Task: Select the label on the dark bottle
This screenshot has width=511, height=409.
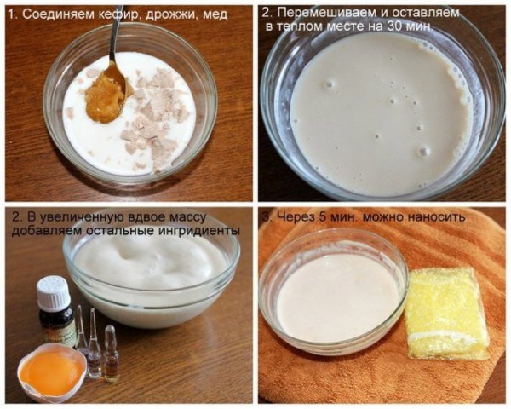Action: pyautogui.click(x=58, y=329)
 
